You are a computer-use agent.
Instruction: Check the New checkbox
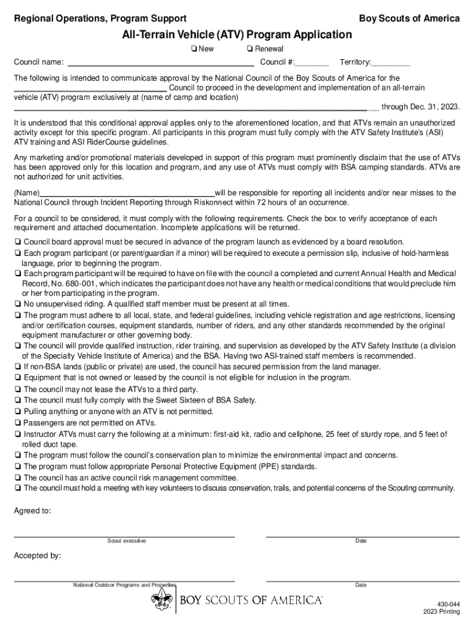tap(193, 49)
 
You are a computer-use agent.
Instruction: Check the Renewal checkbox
tap(249, 49)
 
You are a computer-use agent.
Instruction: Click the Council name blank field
tap(161, 62)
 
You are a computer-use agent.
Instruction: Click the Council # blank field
tap(312, 62)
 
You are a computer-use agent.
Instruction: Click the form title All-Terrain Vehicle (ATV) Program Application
tap(236, 35)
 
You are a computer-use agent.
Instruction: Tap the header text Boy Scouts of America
tap(409, 18)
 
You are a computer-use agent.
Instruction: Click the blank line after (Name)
tap(127, 193)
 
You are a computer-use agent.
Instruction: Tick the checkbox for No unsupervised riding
tap(18, 304)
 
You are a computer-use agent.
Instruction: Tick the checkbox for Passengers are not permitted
tap(18, 423)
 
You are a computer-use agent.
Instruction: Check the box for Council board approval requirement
tap(18, 242)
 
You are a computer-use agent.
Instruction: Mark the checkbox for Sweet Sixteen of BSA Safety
tap(18, 400)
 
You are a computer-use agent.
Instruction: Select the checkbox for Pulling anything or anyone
tap(18, 411)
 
